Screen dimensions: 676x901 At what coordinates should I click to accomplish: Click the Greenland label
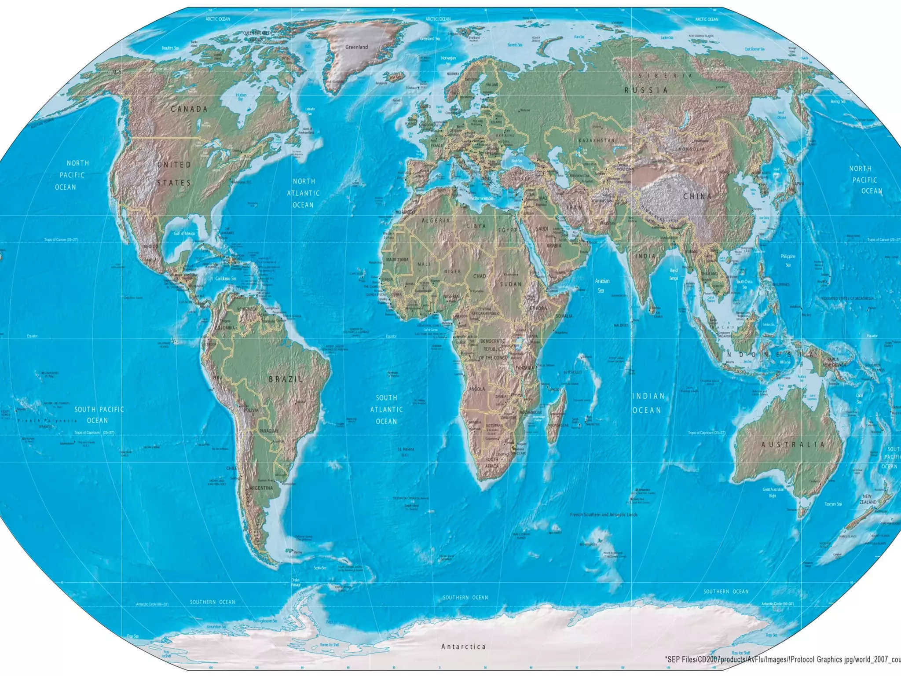pos(356,47)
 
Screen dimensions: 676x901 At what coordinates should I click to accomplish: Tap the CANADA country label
pos(189,109)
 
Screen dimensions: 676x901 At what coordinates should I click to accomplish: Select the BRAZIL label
pos(286,379)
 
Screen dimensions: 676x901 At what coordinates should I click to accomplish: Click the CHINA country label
pos(697,196)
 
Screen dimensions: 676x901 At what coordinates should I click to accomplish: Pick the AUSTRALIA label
pos(793,445)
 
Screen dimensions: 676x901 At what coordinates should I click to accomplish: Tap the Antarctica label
pos(463,647)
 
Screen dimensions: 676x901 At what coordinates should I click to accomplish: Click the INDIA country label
pos(645,256)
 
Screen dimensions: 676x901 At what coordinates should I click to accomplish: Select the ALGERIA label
pos(436,220)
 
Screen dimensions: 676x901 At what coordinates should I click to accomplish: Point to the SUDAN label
pos(511,284)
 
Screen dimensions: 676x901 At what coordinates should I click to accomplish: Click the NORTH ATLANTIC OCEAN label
pos(304,193)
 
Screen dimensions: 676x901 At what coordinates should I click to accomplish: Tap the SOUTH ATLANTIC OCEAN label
pos(386,409)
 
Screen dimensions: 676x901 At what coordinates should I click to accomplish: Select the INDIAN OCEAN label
pos(647,403)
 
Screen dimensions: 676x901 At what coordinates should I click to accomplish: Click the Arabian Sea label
pos(602,286)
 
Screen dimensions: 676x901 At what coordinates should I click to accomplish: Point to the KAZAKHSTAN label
pos(597,140)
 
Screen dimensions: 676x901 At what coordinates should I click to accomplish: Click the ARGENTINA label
pos(261,488)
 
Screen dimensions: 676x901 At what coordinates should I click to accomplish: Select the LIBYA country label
pos(476,226)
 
